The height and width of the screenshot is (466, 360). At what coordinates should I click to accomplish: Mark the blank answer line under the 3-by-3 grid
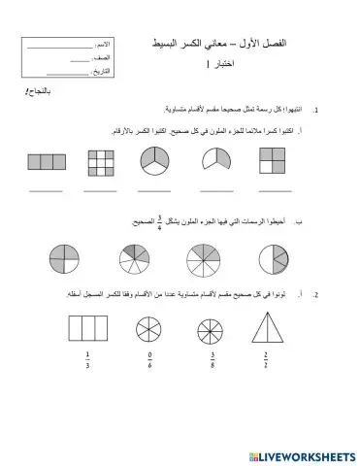(x=100, y=189)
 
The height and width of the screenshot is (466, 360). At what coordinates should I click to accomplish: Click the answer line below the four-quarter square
(x=275, y=189)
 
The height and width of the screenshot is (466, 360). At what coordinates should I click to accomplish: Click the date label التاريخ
(x=97, y=72)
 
